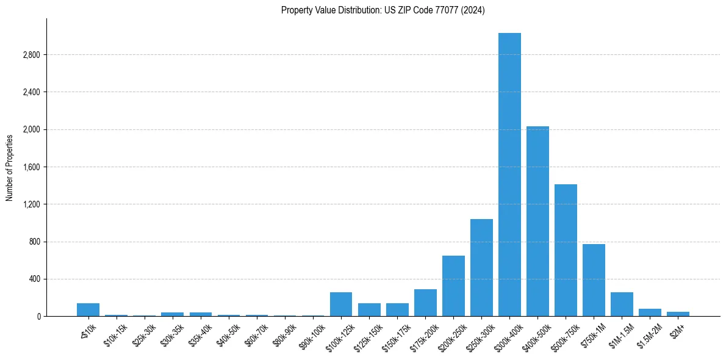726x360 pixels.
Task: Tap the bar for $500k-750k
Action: (x=566, y=250)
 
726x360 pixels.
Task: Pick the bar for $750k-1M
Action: (x=594, y=280)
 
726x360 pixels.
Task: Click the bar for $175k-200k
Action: (x=425, y=303)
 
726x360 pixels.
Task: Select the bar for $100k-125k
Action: (x=341, y=304)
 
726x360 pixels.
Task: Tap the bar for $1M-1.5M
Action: (x=622, y=304)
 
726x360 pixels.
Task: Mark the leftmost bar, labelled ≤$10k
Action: (x=88, y=310)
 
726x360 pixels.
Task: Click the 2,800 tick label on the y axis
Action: (x=31, y=55)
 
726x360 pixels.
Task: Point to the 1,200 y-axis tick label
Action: (x=31, y=204)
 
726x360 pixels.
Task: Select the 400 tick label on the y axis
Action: (x=34, y=279)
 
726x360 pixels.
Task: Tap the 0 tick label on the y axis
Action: (x=38, y=317)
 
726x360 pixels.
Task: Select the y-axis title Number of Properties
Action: (x=9, y=167)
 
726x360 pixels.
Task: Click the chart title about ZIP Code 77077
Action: (x=383, y=10)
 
